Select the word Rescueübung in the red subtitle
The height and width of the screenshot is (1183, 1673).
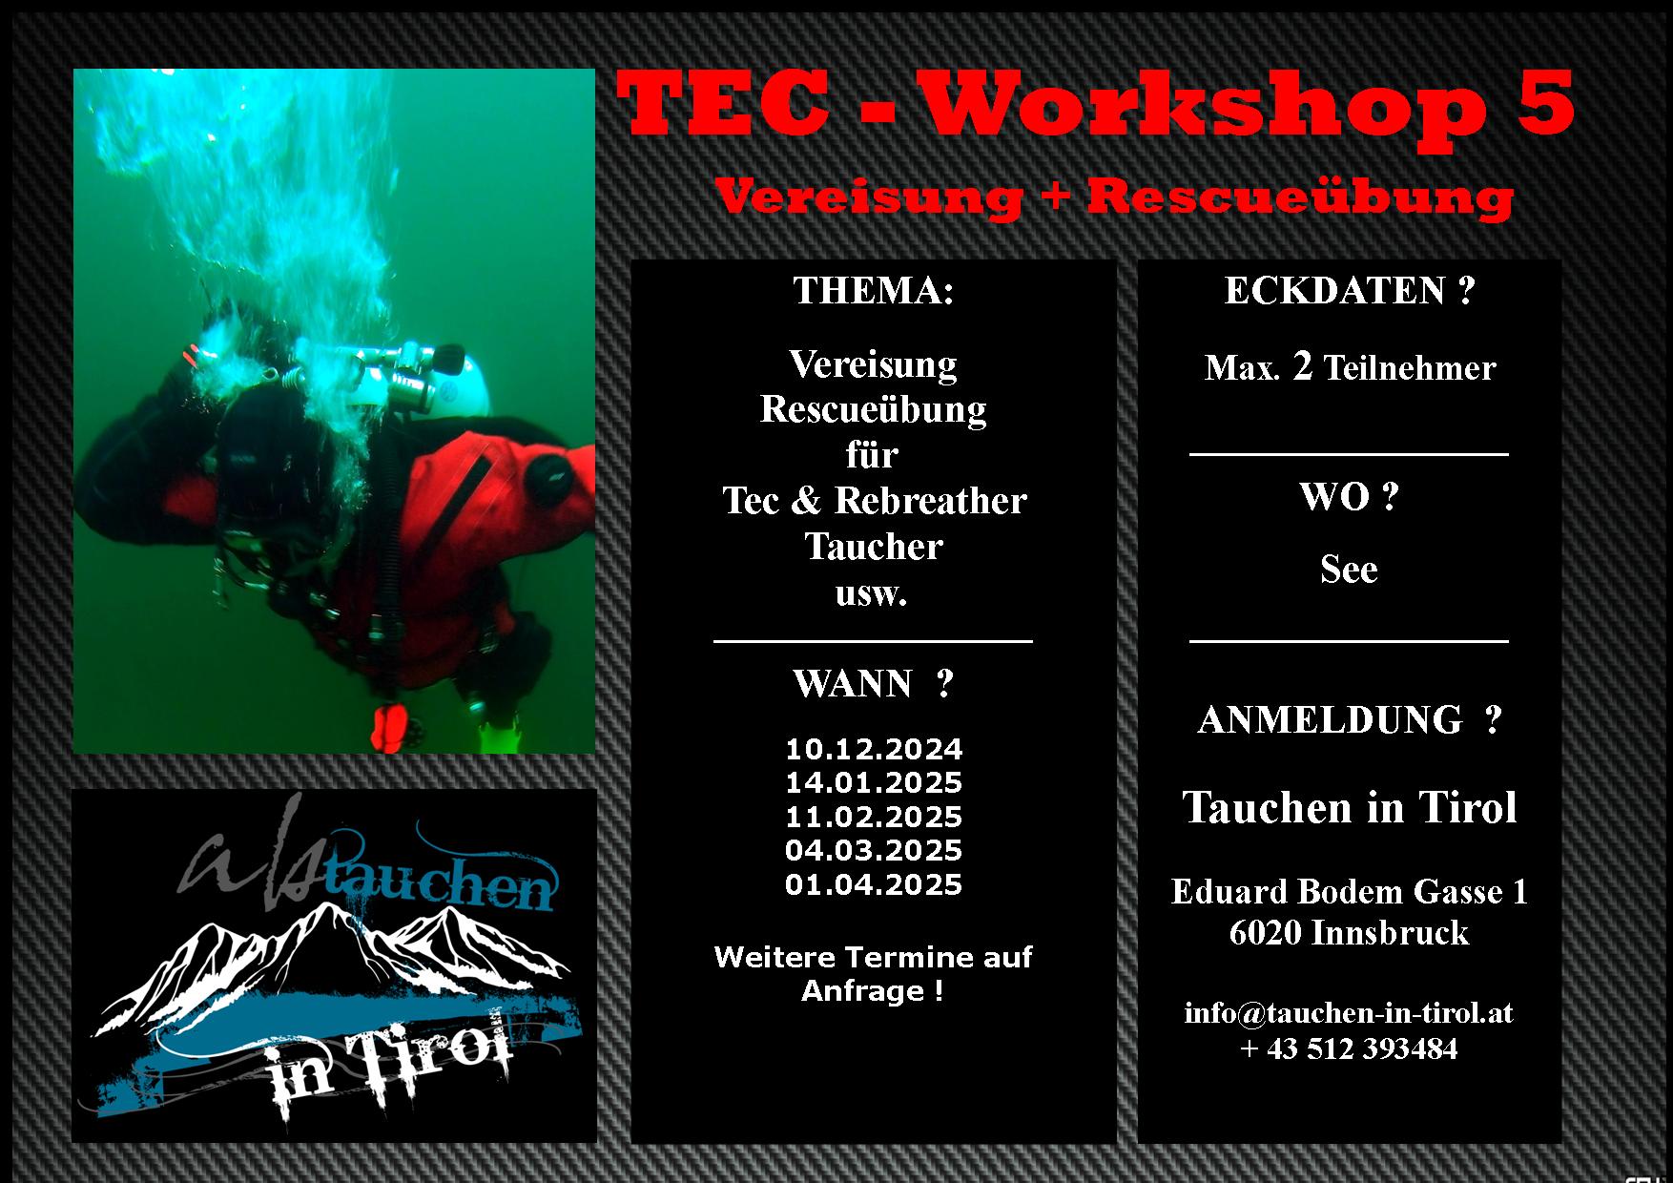coord(1300,197)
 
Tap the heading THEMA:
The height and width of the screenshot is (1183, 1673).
coord(873,290)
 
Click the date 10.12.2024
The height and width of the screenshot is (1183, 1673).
coord(874,748)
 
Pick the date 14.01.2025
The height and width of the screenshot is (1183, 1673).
coord(874,782)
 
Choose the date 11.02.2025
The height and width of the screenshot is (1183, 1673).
coord(874,817)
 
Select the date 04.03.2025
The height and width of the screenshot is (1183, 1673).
coord(874,850)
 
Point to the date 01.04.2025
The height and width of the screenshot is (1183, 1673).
coord(874,884)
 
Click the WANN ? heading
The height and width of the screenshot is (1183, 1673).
coord(873,683)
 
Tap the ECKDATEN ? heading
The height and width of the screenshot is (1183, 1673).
coord(1350,290)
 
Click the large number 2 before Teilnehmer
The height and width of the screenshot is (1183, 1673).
coord(1302,366)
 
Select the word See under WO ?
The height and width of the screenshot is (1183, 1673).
coord(1349,569)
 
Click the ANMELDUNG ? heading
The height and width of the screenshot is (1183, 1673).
coord(1350,719)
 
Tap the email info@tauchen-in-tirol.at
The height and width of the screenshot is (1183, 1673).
coord(1349,1011)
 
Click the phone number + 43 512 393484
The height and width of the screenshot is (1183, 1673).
coord(1349,1048)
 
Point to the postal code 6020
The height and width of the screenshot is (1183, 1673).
coord(1266,932)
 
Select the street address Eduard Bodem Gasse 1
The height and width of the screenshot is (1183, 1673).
coord(1349,891)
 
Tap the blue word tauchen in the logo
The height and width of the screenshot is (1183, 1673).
coord(439,887)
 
